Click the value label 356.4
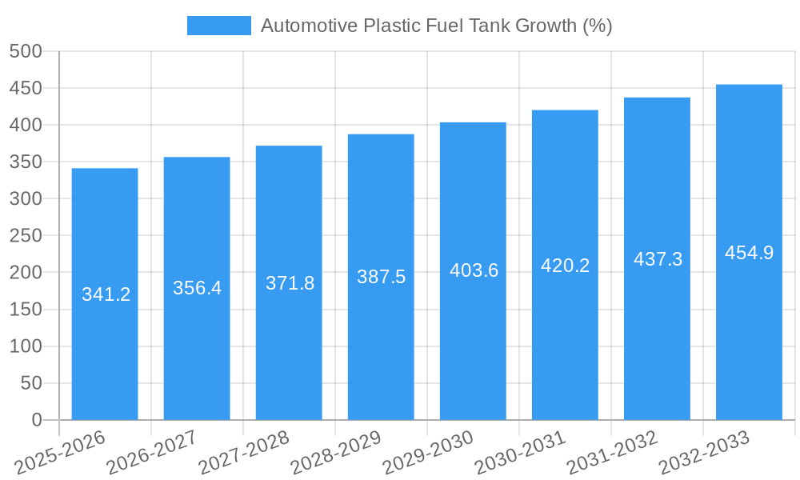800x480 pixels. point(197,288)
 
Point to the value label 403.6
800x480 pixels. point(474,270)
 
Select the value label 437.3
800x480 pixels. point(658,259)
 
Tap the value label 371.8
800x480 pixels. point(290,282)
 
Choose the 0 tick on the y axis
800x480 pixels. point(36,420)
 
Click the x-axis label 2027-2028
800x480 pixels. point(243,453)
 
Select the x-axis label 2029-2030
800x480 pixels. point(428,453)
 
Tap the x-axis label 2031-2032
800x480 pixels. point(612,453)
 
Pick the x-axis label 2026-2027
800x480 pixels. point(151,453)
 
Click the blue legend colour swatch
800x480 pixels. point(218,26)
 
